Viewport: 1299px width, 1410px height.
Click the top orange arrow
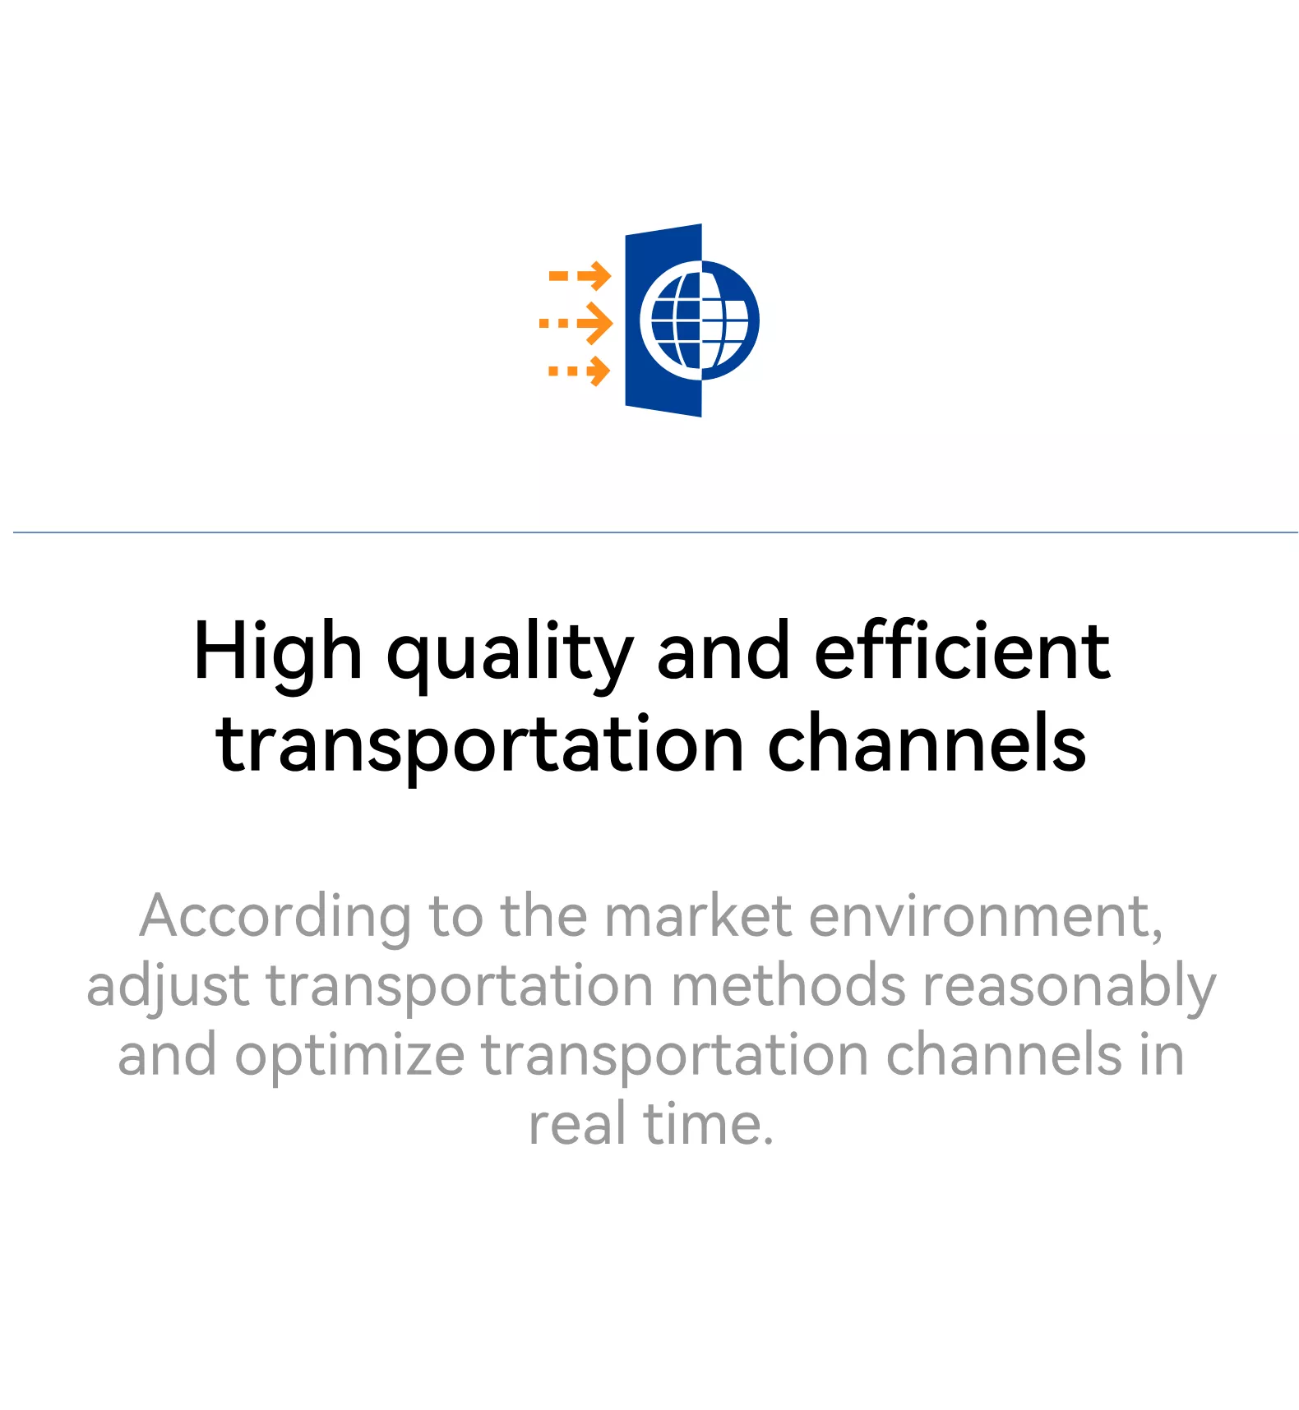[x=580, y=276]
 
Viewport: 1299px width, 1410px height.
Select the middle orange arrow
[x=576, y=323]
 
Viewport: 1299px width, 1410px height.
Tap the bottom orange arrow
[x=580, y=371]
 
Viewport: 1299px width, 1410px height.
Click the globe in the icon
[x=700, y=320]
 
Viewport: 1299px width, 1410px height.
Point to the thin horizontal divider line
[x=655, y=532]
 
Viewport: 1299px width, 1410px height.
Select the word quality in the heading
[x=511, y=653]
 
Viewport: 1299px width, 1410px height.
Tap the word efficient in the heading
[x=962, y=651]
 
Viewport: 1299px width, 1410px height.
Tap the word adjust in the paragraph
[x=169, y=986]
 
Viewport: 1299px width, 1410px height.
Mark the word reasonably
[x=1070, y=987]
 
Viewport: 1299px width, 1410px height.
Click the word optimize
[x=350, y=1056]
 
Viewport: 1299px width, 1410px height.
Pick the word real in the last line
[x=578, y=1123]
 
